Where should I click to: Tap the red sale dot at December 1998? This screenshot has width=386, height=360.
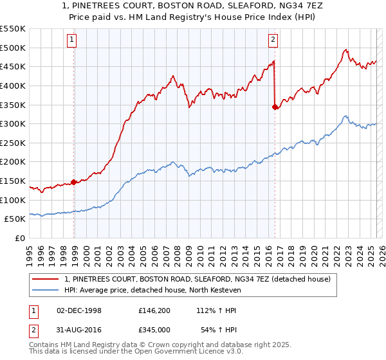[74, 182]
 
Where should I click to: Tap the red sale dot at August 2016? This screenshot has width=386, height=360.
[275, 107]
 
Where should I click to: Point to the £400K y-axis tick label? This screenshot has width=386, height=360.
[13, 85]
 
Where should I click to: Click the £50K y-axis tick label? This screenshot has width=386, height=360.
[15, 219]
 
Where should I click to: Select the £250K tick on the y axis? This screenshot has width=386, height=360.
[13, 143]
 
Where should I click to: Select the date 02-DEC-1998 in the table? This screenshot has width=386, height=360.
[79, 310]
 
